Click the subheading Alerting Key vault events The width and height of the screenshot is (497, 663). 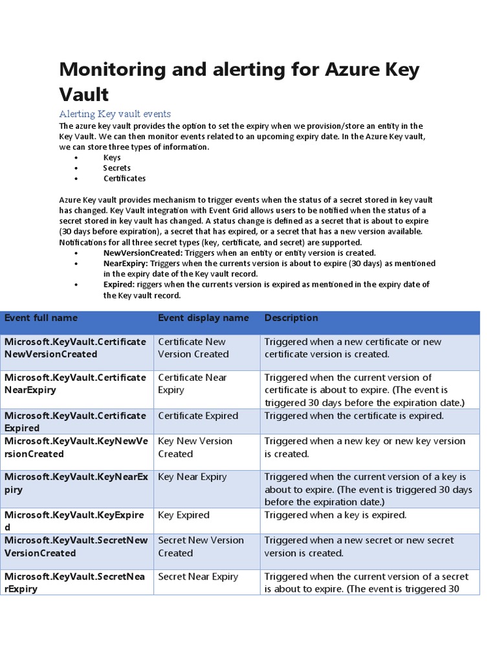(115, 114)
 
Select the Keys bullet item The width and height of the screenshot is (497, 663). (112, 157)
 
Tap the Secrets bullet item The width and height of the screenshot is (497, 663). (116, 168)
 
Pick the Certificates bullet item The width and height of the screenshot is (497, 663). (124, 178)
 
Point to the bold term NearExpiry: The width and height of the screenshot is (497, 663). (126, 264)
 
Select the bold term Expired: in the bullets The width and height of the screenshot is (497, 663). (119, 284)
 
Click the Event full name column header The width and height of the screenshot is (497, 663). (41, 318)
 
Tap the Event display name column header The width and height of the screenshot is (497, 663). (203, 318)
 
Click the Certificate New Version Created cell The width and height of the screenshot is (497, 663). (193, 348)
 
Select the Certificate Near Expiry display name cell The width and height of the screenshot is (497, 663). (192, 383)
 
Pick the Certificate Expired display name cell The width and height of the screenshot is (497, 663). (198, 416)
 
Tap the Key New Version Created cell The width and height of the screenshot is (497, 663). (195, 447)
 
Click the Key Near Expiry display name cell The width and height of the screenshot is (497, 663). (192, 477)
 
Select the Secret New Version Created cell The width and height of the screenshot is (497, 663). (201, 546)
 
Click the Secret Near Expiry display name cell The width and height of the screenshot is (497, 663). (198, 576)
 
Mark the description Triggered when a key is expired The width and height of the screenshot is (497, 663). (335, 515)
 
